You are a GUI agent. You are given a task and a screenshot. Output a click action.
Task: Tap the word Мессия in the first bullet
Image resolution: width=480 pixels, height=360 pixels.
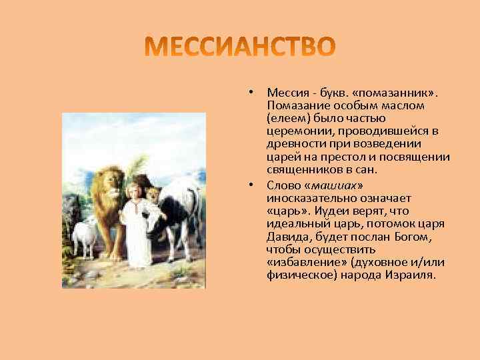coord(285,92)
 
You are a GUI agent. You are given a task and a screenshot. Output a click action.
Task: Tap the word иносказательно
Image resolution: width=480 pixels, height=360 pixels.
coord(307,198)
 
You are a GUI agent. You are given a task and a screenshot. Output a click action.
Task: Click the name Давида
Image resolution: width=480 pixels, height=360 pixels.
coord(286,236)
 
